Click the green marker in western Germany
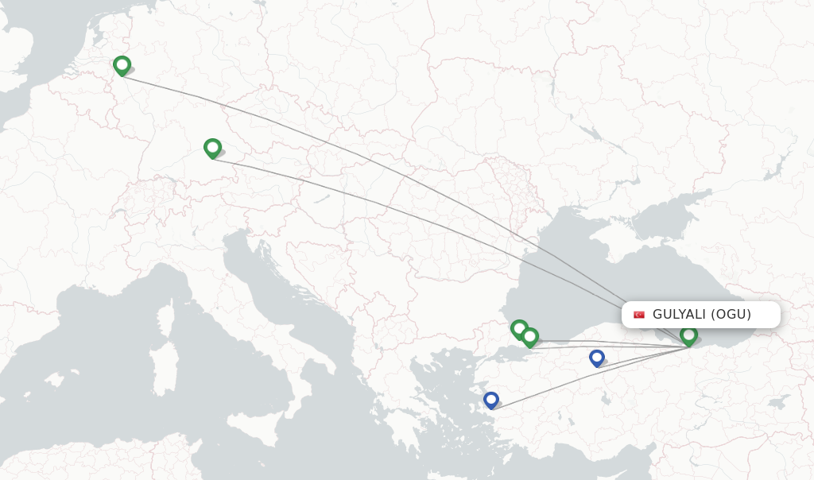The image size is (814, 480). click(x=122, y=66)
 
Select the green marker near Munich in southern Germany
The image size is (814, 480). click(x=212, y=148)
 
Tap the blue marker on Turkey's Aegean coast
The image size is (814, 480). click(x=491, y=400)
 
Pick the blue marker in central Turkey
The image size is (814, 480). click(x=597, y=358)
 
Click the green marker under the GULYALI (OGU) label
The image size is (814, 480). click(x=689, y=335)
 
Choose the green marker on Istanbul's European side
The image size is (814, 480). click(x=519, y=328)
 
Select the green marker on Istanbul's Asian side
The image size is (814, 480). click(x=530, y=337)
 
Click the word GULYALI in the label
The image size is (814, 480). click(x=678, y=314)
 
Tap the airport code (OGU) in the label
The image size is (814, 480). click(x=731, y=314)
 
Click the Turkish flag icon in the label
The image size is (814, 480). click(x=639, y=315)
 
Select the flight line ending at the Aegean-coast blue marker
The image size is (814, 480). click(x=588, y=377)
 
